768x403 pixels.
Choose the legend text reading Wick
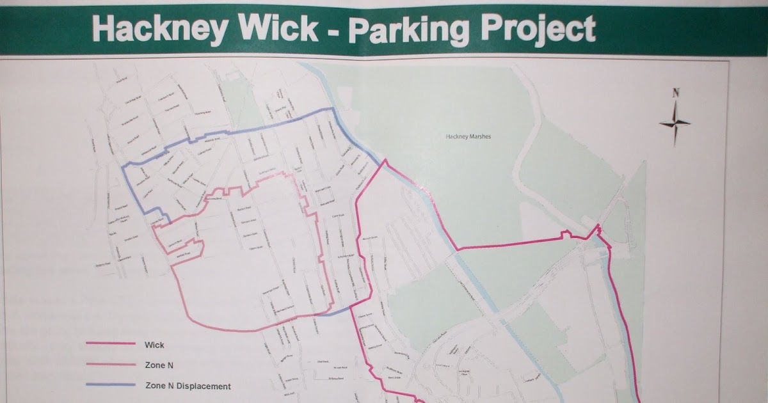(155, 345)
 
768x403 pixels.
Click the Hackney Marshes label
(465, 136)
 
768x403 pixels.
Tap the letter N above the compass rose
(675, 93)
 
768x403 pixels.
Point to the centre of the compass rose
(675, 123)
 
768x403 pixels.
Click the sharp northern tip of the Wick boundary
(384, 161)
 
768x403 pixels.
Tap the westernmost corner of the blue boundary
(123, 168)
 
